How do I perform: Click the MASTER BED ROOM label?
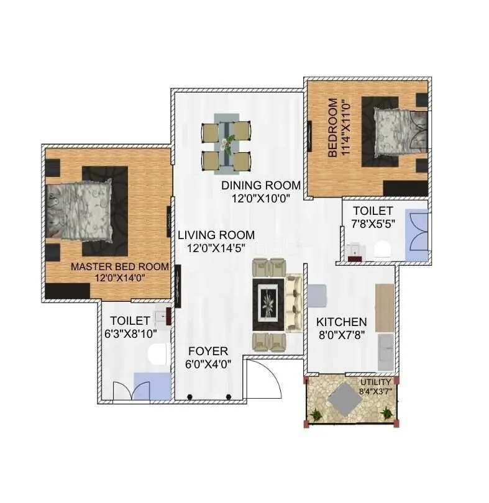click(x=120, y=266)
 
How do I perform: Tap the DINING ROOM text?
click(x=261, y=186)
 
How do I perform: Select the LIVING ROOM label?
click(x=216, y=235)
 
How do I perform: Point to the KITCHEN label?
click(x=341, y=322)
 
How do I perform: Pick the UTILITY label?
click(x=376, y=382)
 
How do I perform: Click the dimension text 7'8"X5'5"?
click(x=373, y=224)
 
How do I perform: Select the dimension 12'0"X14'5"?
click(x=216, y=248)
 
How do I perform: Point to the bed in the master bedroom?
click(x=80, y=210)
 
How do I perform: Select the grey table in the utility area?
click(x=347, y=399)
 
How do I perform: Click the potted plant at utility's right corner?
click(x=386, y=412)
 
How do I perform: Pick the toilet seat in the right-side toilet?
click(x=382, y=249)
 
